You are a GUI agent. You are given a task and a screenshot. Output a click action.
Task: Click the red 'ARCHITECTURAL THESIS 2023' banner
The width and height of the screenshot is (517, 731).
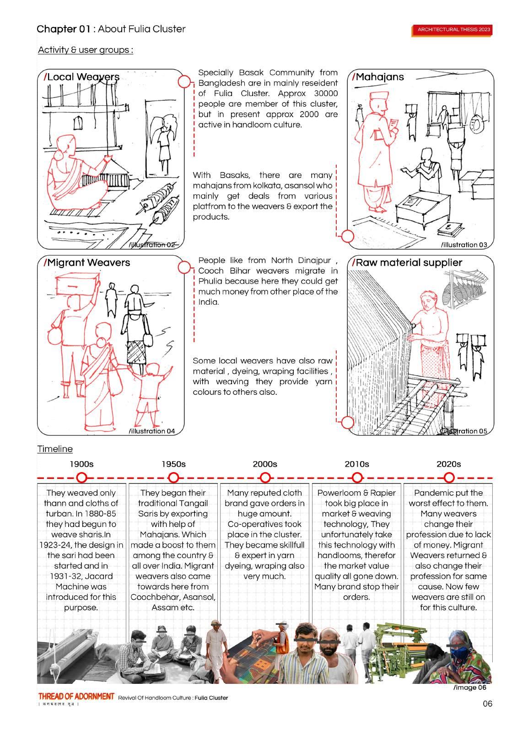(x=453, y=30)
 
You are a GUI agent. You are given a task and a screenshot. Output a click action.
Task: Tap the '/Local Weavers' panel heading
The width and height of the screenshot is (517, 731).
(x=81, y=77)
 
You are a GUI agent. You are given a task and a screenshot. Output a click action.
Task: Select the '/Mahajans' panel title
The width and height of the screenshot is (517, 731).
(x=378, y=77)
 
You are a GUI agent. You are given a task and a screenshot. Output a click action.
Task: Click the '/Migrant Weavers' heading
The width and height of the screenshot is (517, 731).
(x=87, y=263)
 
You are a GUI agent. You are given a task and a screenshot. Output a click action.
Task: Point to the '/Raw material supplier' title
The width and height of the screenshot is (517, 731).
(x=407, y=263)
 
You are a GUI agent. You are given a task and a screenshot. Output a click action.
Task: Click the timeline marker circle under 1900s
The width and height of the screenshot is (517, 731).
(x=82, y=478)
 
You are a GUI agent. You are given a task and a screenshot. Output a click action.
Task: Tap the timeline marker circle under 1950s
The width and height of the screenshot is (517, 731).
(x=173, y=478)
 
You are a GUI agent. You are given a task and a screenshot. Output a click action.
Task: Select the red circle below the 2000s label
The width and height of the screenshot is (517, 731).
(x=265, y=478)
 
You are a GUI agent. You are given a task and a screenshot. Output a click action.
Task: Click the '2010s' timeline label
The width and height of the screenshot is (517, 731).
(x=357, y=464)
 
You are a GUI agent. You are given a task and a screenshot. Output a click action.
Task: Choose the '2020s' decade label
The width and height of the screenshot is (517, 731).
(x=448, y=464)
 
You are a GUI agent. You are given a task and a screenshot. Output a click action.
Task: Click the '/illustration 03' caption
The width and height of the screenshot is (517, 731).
(x=464, y=245)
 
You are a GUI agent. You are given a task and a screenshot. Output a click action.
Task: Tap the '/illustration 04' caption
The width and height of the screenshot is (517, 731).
(x=152, y=431)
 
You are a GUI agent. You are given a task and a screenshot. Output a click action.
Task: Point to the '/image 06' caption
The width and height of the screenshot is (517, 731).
(x=469, y=688)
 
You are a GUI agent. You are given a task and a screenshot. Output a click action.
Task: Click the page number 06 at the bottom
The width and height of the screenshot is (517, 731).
(x=488, y=704)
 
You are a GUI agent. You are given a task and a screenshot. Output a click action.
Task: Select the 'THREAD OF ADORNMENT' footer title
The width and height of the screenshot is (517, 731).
(x=76, y=696)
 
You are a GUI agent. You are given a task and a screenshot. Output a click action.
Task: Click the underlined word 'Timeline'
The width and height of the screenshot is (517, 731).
(x=55, y=449)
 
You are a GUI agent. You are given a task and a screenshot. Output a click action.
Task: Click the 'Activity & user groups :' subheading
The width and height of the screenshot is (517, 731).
(x=86, y=50)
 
